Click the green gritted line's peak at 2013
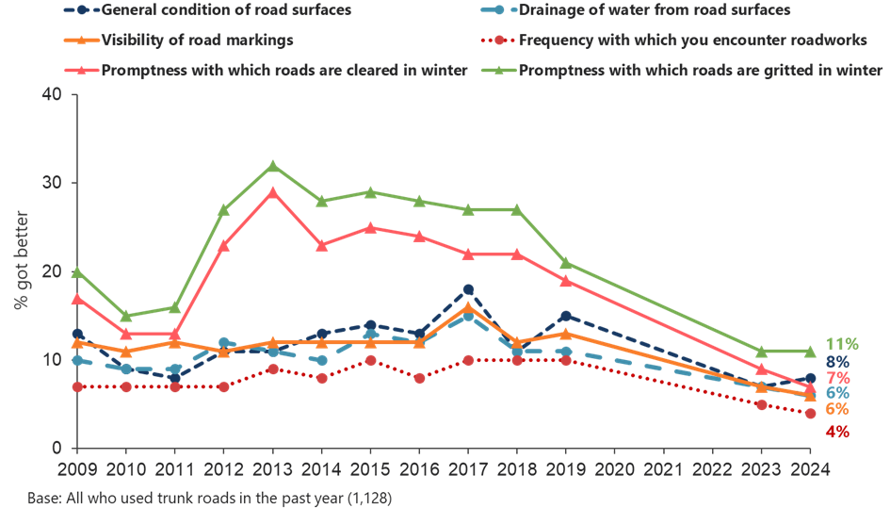(273, 166)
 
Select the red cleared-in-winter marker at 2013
(273, 192)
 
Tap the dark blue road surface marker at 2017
(468, 289)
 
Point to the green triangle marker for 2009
(77, 272)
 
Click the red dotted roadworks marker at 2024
(810, 413)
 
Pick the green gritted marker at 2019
(566, 263)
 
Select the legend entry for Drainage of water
(639, 10)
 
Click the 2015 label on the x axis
(370, 468)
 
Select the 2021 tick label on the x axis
(664, 468)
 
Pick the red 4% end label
(836, 432)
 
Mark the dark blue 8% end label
(836, 362)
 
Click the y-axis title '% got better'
(21, 272)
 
